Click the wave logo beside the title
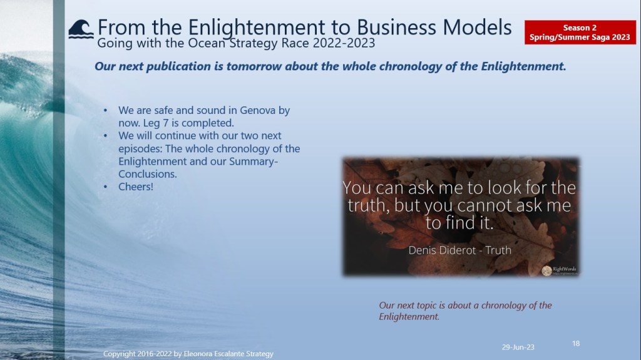81,29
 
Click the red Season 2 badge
580,33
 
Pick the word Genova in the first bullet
257,110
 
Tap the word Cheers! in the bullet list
136,187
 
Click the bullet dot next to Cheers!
105,187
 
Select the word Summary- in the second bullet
254,162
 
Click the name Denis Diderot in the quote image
443,250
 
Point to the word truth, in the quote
369,205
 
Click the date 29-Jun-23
518,347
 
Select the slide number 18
576,344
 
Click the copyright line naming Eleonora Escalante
188,354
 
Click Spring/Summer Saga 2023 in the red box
580,37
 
